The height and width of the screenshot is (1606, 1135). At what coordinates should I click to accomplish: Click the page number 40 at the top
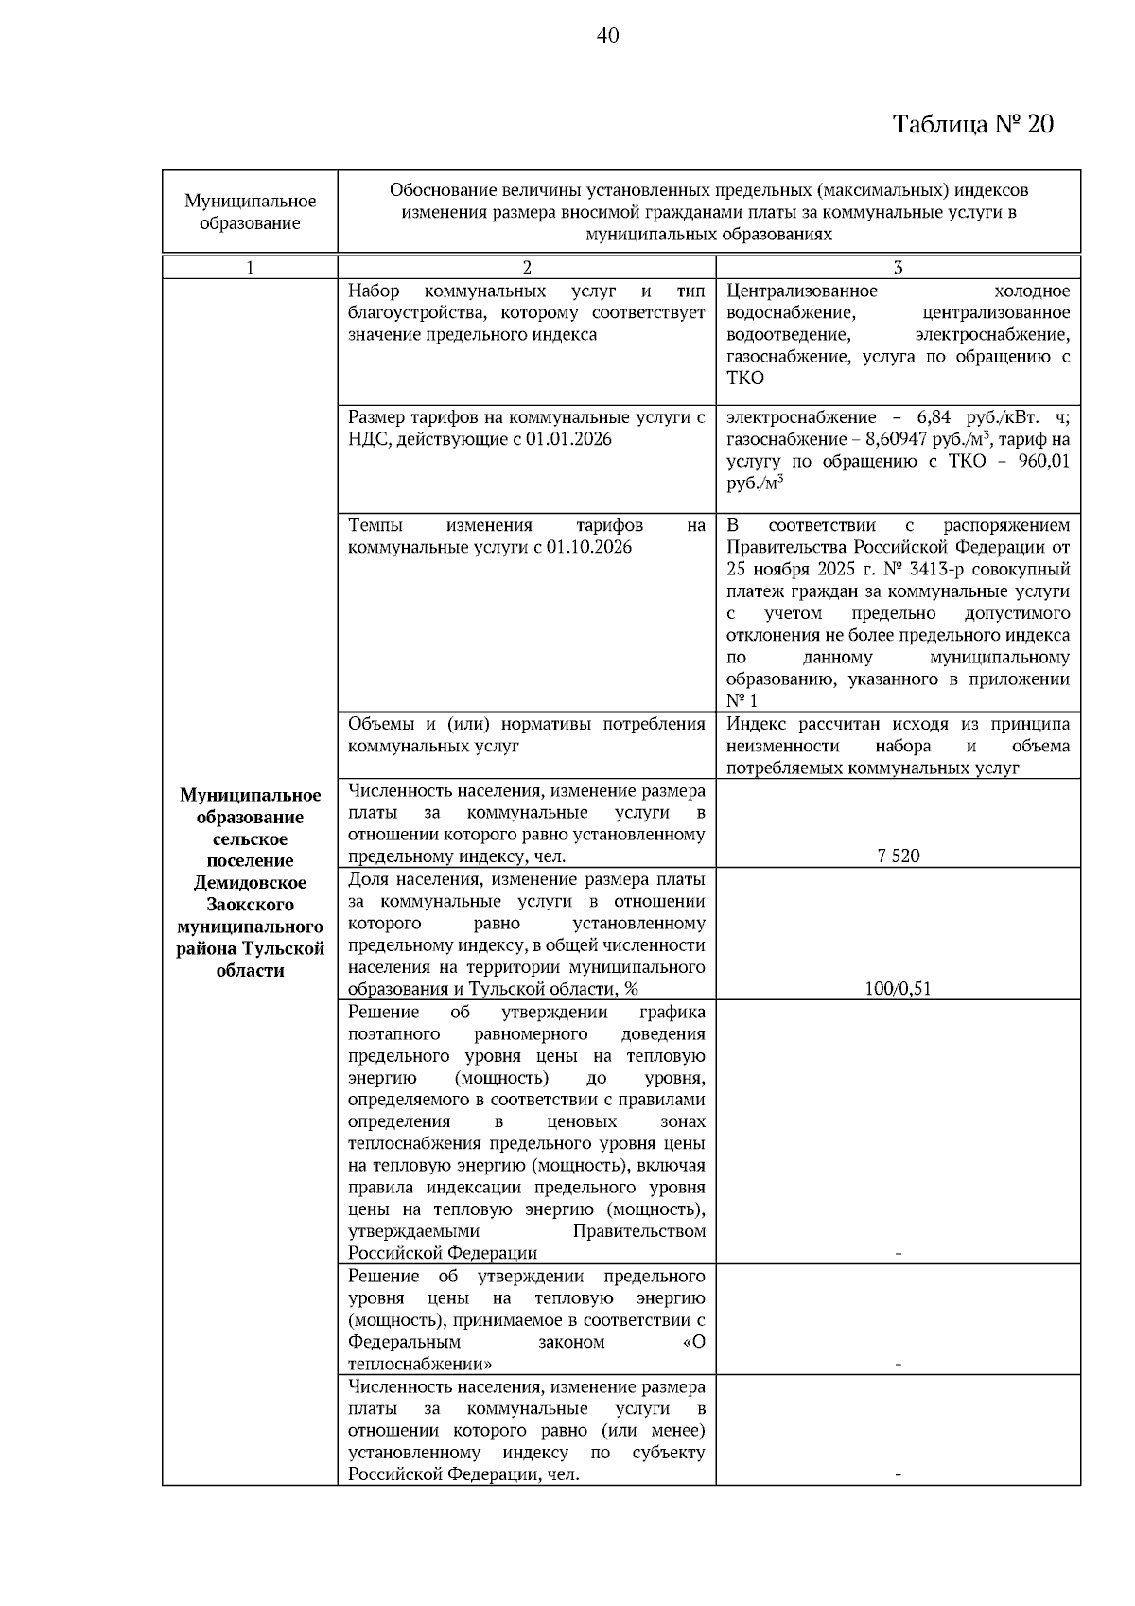608,36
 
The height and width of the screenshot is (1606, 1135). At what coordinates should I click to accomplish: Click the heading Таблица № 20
973,125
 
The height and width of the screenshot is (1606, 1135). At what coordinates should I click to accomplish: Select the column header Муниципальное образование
250,212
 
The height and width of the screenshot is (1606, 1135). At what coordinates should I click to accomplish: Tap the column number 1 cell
250,268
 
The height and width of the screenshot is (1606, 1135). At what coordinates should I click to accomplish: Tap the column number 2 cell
526,268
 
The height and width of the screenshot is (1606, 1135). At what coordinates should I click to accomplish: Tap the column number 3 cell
898,268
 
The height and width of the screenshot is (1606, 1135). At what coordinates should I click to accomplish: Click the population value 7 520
898,856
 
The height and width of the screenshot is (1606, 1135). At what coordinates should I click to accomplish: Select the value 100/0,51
898,989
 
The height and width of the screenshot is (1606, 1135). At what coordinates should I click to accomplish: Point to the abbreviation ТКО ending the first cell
745,379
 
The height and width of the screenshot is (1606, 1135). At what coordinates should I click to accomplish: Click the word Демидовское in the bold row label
250,883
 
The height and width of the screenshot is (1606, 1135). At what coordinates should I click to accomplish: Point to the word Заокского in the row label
250,905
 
